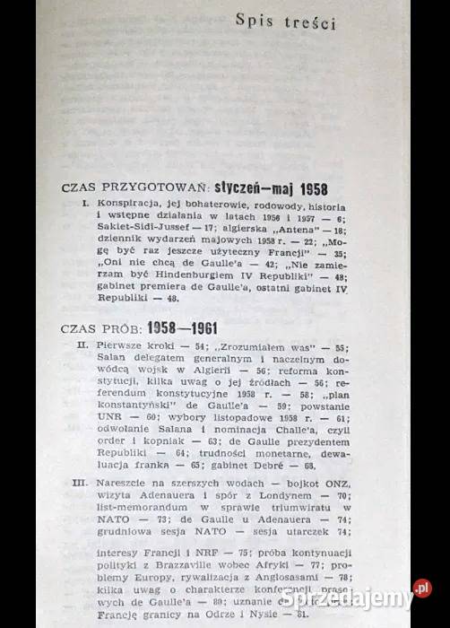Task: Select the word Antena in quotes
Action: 288,229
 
